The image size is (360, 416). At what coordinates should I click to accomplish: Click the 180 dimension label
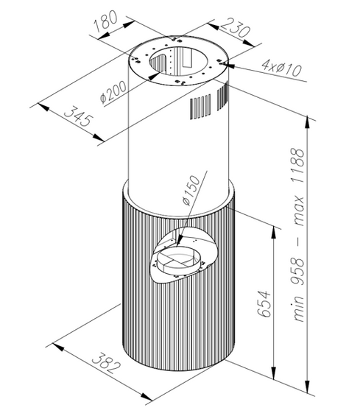click(x=105, y=21)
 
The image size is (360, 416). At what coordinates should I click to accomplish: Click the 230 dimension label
click(x=236, y=27)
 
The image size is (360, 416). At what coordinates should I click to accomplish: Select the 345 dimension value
click(x=79, y=116)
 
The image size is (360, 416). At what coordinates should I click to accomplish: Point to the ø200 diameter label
click(x=113, y=92)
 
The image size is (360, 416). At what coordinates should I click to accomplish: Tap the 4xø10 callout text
click(x=282, y=68)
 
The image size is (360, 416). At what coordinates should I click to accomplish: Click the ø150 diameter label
click(x=191, y=190)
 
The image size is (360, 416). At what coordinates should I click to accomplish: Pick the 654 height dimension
click(x=265, y=304)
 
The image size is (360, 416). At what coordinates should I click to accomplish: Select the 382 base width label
click(x=106, y=363)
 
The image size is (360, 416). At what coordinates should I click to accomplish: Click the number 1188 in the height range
click(x=297, y=165)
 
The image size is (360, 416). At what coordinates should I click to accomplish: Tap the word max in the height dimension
click(x=297, y=211)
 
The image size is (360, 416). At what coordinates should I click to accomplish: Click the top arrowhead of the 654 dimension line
click(x=274, y=233)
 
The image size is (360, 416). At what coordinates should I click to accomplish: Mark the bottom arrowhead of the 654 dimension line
click(x=274, y=373)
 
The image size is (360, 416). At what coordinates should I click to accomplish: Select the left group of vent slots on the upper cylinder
click(x=200, y=107)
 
